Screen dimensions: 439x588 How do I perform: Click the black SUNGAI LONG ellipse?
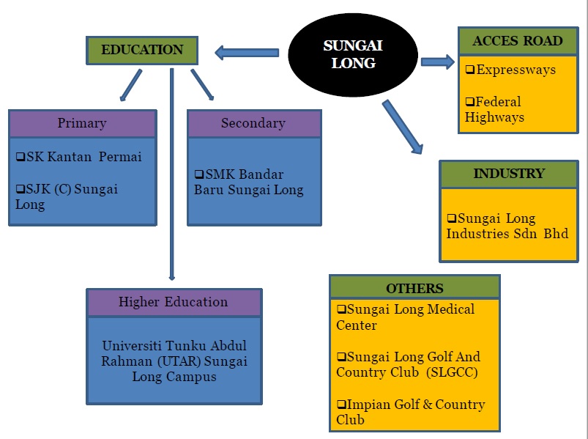tap(353, 55)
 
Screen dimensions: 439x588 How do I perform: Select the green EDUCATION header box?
tap(142, 51)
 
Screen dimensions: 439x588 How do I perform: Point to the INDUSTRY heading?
tap(508, 174)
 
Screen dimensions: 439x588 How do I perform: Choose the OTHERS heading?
tap(414, 287)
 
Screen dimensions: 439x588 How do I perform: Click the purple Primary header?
tap(82, 123)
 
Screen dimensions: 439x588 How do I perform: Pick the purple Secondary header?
tap(253, 123)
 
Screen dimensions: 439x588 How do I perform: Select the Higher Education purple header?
tap(174, 302)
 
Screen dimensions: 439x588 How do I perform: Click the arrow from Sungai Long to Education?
tap(247, 52)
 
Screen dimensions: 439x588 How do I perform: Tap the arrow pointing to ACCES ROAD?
tap(438, 62)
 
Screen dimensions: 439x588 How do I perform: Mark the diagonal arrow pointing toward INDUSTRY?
tap(402, 127)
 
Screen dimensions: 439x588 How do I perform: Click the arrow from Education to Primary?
tap(131, 85)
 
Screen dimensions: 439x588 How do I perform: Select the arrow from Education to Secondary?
tap(201, 84)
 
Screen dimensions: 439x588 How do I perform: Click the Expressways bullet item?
tap(511, 70)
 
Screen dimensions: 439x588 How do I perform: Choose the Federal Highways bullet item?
tap(495, 109)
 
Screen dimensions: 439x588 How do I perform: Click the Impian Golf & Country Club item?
tap(410, 412)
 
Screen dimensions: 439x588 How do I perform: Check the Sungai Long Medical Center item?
tap(406, 317)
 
